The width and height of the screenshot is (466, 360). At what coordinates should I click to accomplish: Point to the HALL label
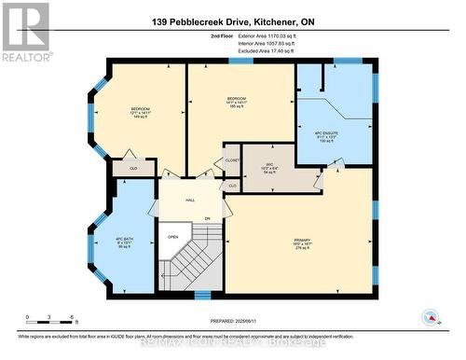tap(189, 200)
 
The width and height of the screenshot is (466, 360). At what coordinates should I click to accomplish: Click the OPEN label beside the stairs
tap(172, 236)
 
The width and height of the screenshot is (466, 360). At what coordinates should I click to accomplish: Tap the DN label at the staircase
tap(207, 219)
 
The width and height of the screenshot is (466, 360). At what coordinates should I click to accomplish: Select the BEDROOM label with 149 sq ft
tap(142, 113)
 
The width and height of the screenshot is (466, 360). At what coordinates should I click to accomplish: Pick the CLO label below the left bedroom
tap(133, 169)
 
